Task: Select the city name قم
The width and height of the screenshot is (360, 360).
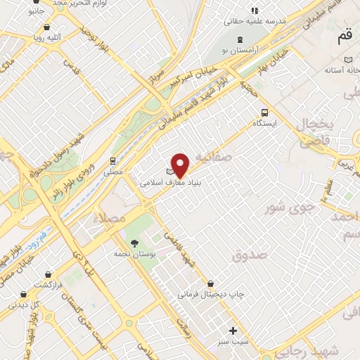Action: pyautogui.click(x=344, y=39)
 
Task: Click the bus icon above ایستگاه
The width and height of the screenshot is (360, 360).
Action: pyautogui.click(x=264, y=112)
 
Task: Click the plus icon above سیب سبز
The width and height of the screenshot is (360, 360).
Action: pyautogui.click(x=233, y=330)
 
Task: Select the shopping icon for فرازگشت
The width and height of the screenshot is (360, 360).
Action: pyautogui.click(x=47, y=274)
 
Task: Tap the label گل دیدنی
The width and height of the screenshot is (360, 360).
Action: pyautogui.click(x=24, y=306)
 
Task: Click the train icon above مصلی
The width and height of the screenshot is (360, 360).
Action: pyautogui.click(x=112, y=160)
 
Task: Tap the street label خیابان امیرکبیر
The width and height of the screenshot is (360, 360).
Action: pyautogui.click(x=182, y=82)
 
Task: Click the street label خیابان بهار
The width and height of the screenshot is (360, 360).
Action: pyautogui.click(x=271, y=53)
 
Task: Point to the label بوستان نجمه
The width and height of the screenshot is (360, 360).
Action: pyautogui.click(x=127, y=250)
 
